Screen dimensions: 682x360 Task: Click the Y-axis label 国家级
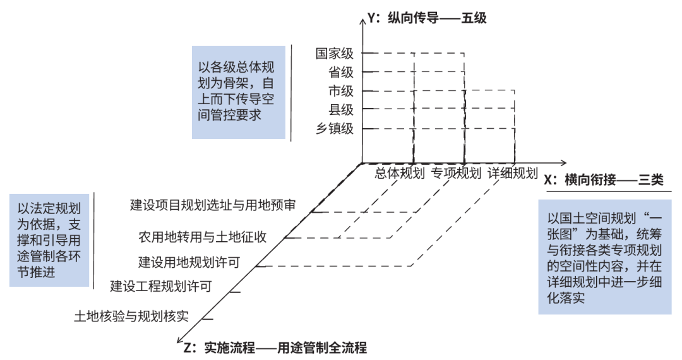click(335, 54)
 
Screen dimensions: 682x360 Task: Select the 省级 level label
click(341, 72)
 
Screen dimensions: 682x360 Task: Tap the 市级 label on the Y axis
click(341, 91)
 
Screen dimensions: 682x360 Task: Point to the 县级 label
click(341, 109)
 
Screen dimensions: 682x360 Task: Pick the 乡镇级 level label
click(335, 129)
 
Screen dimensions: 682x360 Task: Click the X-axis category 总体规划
click(400, 173)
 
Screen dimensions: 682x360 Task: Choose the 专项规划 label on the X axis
click(457, 173)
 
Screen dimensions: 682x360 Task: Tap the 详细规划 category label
click(513, 173)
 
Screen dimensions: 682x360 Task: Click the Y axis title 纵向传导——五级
click(427, 18)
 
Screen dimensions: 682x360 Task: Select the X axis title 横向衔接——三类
click(604, 179)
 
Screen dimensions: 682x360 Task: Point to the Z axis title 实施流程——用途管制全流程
click(275, 348)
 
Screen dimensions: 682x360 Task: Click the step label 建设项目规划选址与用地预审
click(213, 205)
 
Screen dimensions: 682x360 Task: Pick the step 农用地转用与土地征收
click(202, 237)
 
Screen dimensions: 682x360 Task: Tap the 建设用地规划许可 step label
click(189, 262)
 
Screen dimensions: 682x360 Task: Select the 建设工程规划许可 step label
click(161, 286)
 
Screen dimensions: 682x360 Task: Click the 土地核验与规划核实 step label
click(131, 316)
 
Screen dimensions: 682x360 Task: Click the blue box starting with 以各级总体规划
click(239, 93)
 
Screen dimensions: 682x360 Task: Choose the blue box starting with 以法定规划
click(49, 241)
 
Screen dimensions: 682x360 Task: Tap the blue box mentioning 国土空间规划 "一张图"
click(605, 257)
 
